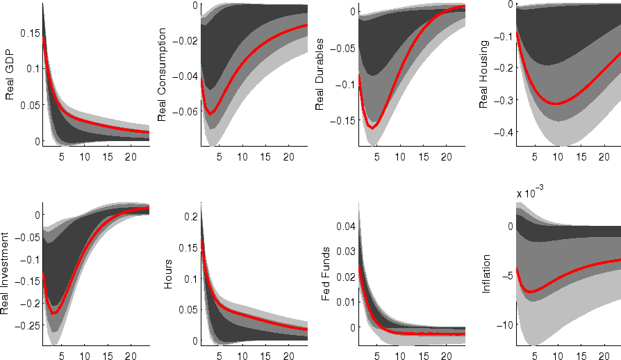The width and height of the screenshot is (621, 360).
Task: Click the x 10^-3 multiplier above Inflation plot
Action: point(529,193)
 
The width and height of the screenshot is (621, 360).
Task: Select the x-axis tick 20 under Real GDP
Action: point(130,157)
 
